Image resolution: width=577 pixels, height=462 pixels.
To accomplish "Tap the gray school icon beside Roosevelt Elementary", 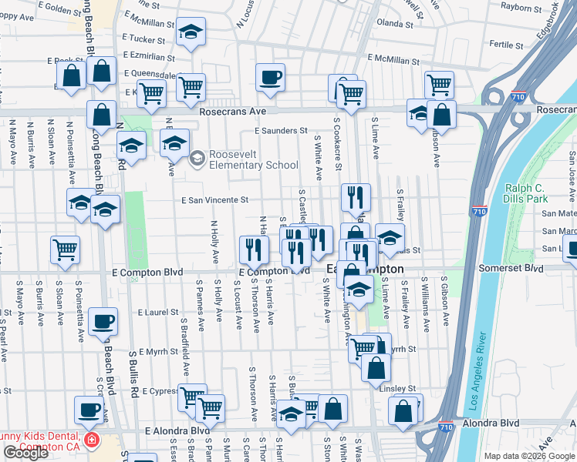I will point(197,159).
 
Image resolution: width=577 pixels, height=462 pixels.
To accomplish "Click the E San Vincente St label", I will point(214,199).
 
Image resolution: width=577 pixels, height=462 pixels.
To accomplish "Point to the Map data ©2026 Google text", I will point(529,456).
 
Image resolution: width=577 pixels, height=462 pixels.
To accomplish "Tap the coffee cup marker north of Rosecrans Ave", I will point(269,78).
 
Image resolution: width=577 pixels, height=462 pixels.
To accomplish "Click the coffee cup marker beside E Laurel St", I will point(103,321).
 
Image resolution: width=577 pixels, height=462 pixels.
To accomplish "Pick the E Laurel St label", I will point(158,313).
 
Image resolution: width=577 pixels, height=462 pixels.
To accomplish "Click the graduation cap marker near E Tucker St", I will point(191,32).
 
